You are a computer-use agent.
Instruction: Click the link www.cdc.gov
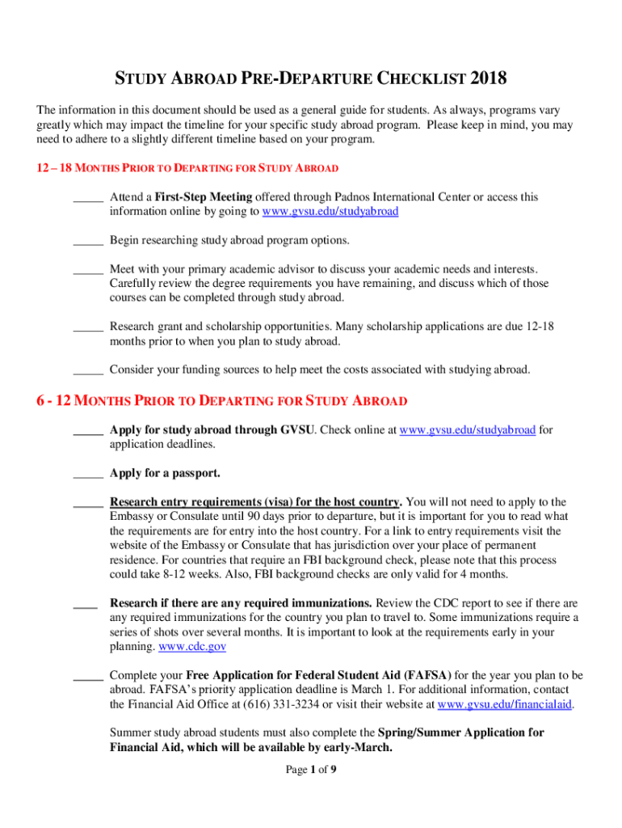[192, 647]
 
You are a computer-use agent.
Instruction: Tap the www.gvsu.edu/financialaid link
[505, 704]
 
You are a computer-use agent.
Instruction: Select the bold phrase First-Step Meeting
[204, 196]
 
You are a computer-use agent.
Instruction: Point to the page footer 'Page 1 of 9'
[311, 770]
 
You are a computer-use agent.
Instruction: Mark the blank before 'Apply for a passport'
[87, 473]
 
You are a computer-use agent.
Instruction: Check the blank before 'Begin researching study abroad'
[87, 240]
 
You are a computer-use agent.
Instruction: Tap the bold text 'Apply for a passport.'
[165, 473]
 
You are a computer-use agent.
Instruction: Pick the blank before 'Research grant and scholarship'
[87, 327]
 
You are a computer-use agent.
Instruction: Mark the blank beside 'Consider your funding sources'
[87, 370]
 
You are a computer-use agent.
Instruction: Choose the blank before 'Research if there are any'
[85, 603]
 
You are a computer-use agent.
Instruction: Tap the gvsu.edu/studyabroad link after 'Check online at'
[468, 430]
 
